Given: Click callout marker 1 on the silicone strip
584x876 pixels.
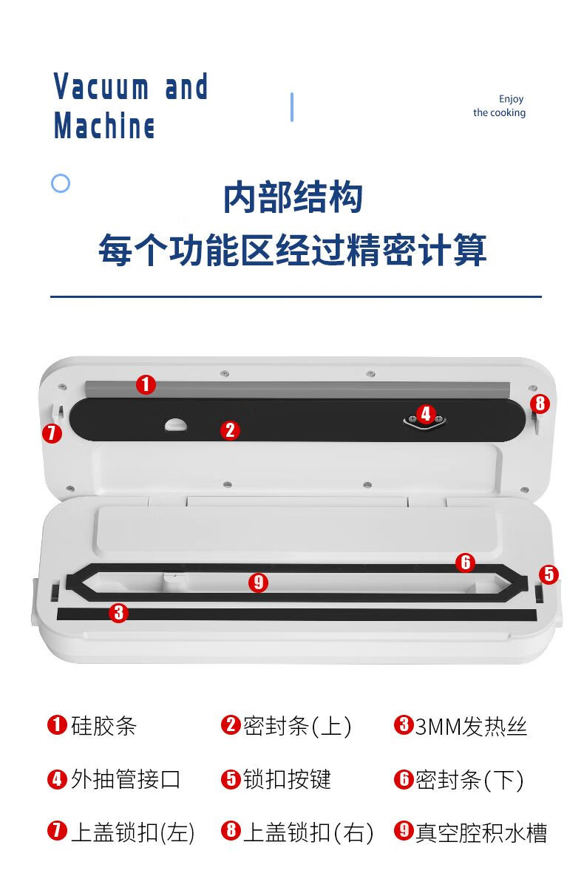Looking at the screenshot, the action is point(146,384).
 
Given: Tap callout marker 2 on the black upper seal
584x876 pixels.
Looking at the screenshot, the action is point(230,430).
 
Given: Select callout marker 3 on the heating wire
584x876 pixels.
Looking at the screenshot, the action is point(118,612).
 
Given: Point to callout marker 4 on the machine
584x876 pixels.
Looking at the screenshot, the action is point(426,414).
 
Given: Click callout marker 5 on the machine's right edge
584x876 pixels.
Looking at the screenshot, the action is point(549,574).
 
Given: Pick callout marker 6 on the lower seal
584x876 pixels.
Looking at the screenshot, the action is point(465,562).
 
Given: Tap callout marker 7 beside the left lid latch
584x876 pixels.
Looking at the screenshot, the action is point(52,433).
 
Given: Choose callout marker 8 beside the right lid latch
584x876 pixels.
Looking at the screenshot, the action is point(540,404).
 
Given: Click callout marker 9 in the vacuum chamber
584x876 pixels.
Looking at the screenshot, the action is point(258,583).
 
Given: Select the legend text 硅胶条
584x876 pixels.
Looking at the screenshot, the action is point(104,726).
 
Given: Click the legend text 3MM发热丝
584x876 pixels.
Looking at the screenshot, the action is point(471,726).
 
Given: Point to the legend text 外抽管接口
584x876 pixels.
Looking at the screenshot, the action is point(126,779).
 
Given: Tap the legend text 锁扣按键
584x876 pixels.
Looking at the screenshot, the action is point(288,779).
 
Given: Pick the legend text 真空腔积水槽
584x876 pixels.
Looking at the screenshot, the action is point(481,832).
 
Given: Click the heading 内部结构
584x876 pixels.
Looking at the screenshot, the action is point(293,197).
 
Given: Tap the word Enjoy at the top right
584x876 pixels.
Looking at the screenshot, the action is point(512,99).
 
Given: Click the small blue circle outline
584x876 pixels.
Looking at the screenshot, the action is point(61,183).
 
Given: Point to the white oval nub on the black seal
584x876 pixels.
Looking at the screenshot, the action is point(175,424).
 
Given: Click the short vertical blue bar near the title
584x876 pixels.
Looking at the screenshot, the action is point(292,106).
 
